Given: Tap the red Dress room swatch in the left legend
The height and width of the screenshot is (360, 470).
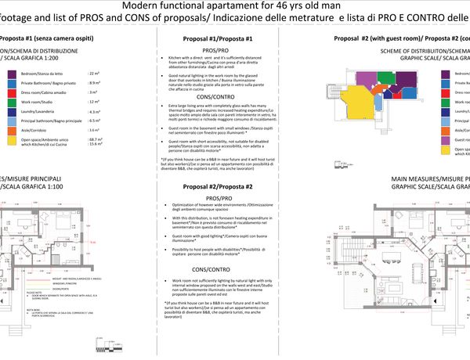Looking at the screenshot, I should pos(13,92).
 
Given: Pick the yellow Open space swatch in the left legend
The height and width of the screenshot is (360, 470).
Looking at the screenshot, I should pos(13,140).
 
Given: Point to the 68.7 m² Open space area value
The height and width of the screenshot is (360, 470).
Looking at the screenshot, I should pos(98,138).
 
